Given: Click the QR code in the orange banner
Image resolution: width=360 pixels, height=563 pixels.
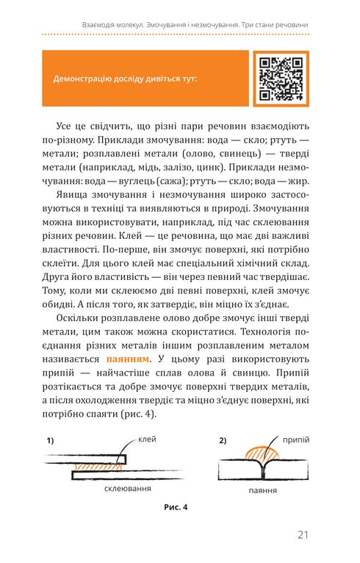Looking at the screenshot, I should point(282,78).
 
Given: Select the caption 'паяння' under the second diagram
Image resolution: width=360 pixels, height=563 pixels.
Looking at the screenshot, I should point(262,490).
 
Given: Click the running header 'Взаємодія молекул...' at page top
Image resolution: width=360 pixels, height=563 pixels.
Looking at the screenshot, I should point(195,24).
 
